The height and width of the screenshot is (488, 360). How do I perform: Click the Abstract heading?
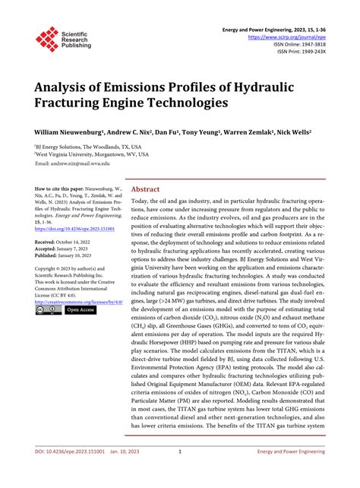point(146,190)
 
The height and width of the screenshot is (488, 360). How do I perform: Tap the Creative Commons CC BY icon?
point(43,310)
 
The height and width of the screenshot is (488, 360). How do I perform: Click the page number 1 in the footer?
point(178,471)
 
